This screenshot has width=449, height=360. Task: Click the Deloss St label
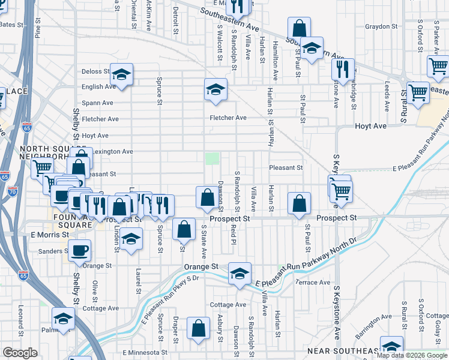(95, 71)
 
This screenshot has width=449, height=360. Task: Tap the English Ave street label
(98, 87)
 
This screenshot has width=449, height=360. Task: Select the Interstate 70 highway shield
(13, 192)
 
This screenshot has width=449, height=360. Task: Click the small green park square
(212, 158)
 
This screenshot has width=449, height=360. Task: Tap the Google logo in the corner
(20, 353)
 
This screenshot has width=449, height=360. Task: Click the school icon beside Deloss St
(121, 75)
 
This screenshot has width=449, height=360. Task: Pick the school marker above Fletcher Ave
(216, 90)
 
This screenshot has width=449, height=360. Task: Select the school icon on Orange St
(240, 274)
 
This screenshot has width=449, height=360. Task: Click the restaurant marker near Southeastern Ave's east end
(343, 69)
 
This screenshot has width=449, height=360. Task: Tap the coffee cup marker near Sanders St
(79, 251)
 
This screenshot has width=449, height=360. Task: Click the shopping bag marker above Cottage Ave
(199, 328)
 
